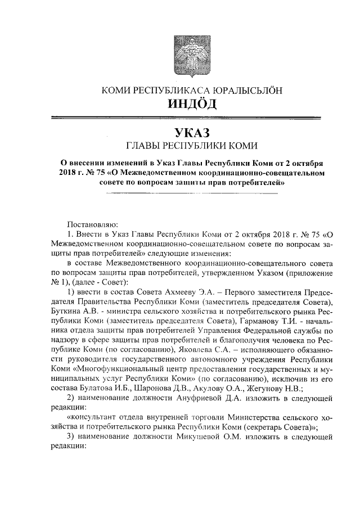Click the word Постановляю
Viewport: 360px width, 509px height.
92,224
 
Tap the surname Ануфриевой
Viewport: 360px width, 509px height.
206,397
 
